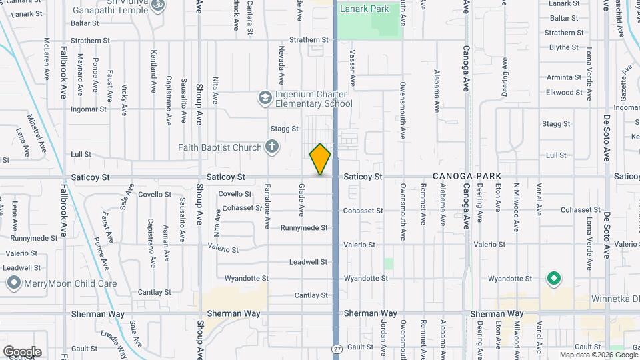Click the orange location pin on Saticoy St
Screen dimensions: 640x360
click(320, 159)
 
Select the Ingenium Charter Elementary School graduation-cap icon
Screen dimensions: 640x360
click(265, 98)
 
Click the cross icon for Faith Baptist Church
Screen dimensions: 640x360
click(271, 147)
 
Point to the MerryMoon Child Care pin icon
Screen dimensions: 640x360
click(13, 283)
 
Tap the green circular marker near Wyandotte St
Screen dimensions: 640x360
click(553, 278)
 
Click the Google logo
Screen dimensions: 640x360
click(22, 351)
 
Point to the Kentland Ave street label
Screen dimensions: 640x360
click(153, 73)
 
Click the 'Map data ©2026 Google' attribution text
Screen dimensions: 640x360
click(598, 355)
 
